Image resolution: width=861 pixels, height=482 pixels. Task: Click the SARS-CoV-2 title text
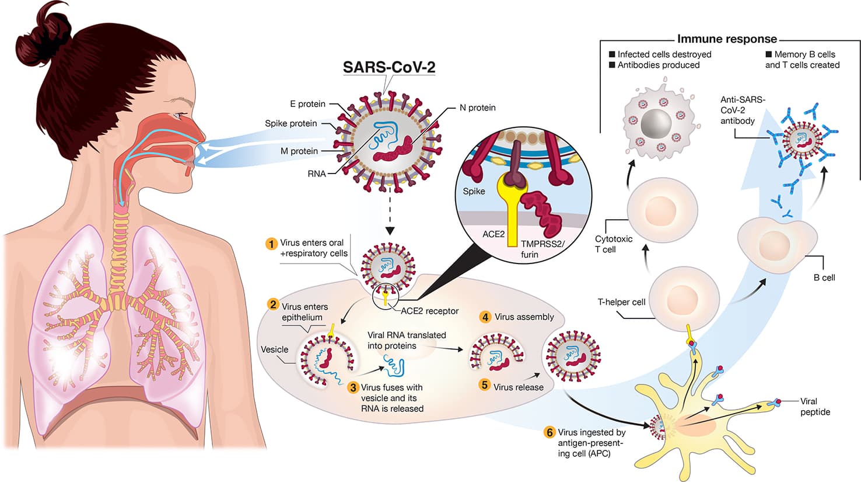[388, 67]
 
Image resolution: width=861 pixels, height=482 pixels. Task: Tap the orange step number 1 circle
[271, 243]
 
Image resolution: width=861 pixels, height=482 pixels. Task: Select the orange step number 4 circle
[485, 317]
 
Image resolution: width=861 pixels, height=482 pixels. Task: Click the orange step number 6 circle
[549, 432]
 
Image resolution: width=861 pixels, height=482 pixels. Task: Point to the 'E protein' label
[307, 104]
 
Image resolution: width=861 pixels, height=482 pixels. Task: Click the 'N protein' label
[477, 108]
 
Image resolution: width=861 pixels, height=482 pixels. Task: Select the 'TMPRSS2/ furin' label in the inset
[542, 249]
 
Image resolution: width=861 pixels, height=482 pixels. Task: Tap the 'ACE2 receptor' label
[429, 311]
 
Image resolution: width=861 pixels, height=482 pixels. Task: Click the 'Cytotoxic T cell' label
[613, 244]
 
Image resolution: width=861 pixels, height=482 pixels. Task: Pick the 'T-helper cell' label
[621, 302]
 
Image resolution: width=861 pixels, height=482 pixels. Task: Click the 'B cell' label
[824, 278]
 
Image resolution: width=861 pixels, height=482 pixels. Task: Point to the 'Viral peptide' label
[815, 407]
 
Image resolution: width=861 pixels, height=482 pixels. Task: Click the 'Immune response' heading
[727, 39]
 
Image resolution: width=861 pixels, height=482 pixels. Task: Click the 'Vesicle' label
[274, 349]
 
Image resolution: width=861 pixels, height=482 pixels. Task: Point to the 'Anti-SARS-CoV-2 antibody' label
[742, 110]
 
